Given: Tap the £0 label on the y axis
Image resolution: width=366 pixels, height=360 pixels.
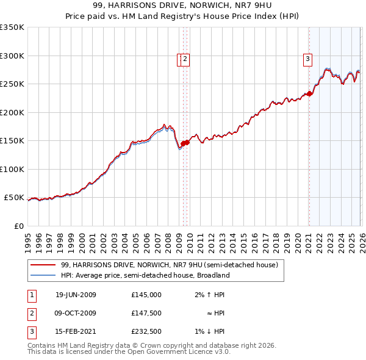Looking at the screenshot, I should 18,226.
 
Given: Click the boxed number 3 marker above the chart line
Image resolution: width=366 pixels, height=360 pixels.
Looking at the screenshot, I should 308,59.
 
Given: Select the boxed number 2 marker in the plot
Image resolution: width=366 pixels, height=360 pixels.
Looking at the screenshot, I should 185,59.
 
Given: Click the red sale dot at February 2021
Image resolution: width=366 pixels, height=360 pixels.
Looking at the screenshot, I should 309,93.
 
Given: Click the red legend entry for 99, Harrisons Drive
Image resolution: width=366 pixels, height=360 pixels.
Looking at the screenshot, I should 170,265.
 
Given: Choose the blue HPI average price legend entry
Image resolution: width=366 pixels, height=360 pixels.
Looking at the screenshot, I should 145,276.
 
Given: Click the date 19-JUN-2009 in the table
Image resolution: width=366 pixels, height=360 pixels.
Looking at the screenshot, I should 76,295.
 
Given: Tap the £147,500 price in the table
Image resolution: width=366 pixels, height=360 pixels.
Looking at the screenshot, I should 146,313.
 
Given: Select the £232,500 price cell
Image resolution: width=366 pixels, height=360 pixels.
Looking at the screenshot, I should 146,331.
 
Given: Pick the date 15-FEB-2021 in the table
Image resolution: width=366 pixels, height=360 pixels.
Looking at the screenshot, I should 76,331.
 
